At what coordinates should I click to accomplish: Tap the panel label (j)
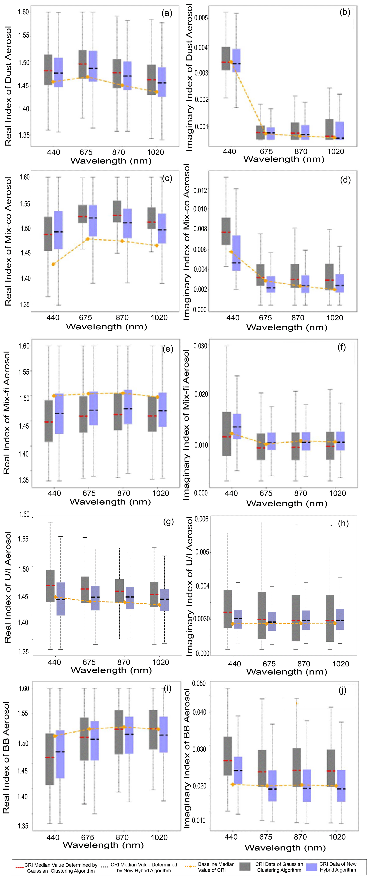[x=342, y=690]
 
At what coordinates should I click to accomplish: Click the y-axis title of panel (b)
[x=189, y=78]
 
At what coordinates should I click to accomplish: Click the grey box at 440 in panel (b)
[x=226, y=58]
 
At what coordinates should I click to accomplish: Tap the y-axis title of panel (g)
[x=8, y=587]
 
